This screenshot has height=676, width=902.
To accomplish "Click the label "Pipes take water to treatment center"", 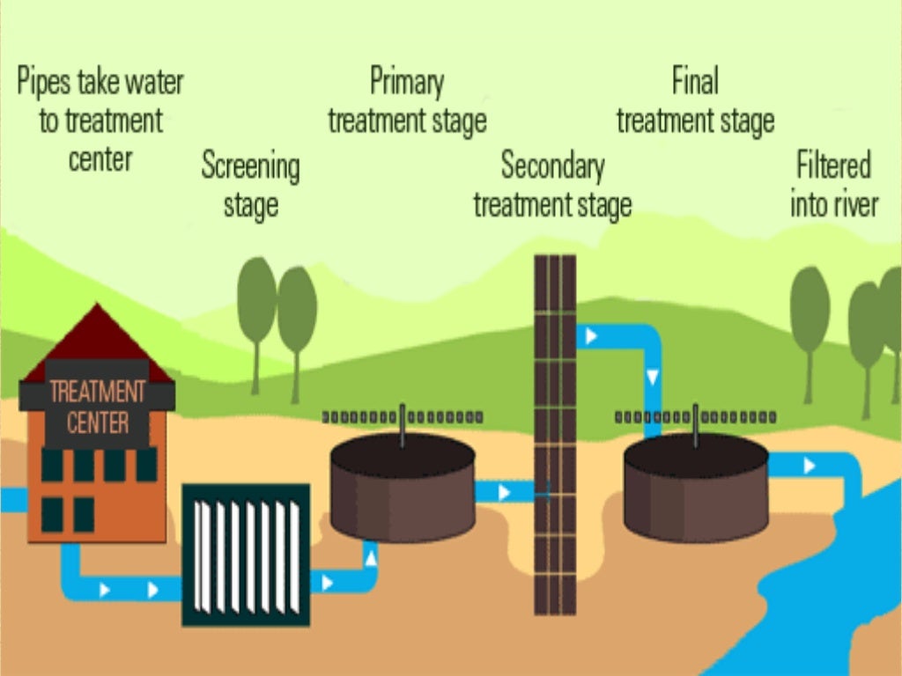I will [x=100, y=121].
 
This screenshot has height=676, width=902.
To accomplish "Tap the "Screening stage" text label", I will [x=250, y=185].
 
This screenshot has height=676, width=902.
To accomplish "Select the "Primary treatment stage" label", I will [x=407, y=101].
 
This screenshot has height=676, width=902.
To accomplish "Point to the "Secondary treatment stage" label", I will [x=552, y=185].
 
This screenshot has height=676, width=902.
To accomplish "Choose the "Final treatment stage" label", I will [x=695, y=101].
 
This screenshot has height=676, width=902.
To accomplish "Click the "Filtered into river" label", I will [x=833, y=185].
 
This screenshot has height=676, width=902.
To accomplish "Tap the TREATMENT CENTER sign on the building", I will [x=98, y=407].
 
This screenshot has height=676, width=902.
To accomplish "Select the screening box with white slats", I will [x=246, y=555].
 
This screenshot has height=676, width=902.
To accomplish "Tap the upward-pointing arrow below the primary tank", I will [x=371, y=556].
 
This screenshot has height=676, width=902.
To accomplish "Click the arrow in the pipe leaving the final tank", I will [x=809, y=466].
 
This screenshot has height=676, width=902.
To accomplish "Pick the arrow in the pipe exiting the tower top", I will [x=591, y=336].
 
